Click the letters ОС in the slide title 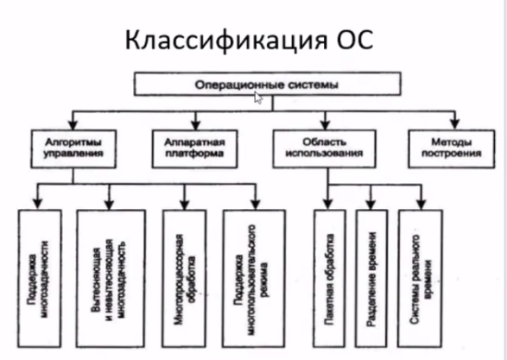coord(355,39)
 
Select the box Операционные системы coord(268,84)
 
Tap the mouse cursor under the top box coord(258,98)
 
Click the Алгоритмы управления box coord(73,149)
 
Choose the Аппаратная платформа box coord(194,149)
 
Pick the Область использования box coord(324,149)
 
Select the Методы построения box coord(452,149)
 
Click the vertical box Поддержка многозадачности coord(40,279)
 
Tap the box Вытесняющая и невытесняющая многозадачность coord(111,279)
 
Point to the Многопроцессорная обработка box coord(184,279)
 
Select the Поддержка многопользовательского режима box coord(254,279)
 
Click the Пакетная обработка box coord(329,279)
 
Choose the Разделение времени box coord(371,279)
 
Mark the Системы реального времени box coord(421,279)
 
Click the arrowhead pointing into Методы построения coord(455,124)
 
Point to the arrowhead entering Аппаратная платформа coord(195,124)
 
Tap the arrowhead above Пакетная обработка coord(328,205)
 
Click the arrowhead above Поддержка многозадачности coord(38,205)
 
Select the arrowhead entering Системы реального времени coord(421,205)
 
